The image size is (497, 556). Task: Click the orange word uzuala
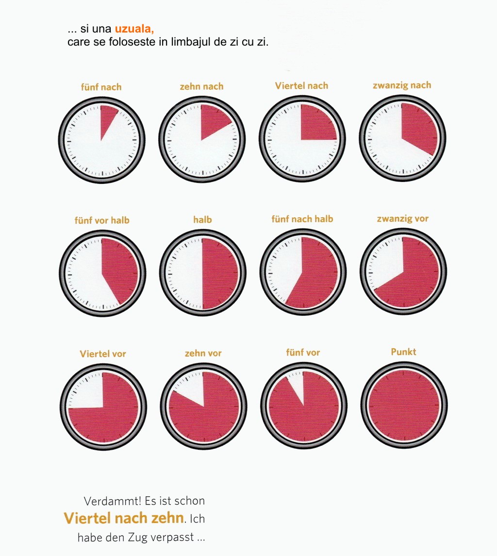click(134, 29)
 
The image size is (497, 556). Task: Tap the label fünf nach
click(101, 87)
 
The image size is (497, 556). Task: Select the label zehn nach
click(201, 86)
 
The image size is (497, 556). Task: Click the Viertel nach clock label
click(301, 86)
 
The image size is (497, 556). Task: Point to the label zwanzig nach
click(402, 85)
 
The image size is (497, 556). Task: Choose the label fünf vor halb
click(102, 220)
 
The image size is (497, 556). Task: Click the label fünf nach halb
click(302, 219)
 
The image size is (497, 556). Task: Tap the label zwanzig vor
click(403, 219)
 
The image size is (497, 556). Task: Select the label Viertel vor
click(103, 354)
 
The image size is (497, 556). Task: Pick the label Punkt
click(404, 352)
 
